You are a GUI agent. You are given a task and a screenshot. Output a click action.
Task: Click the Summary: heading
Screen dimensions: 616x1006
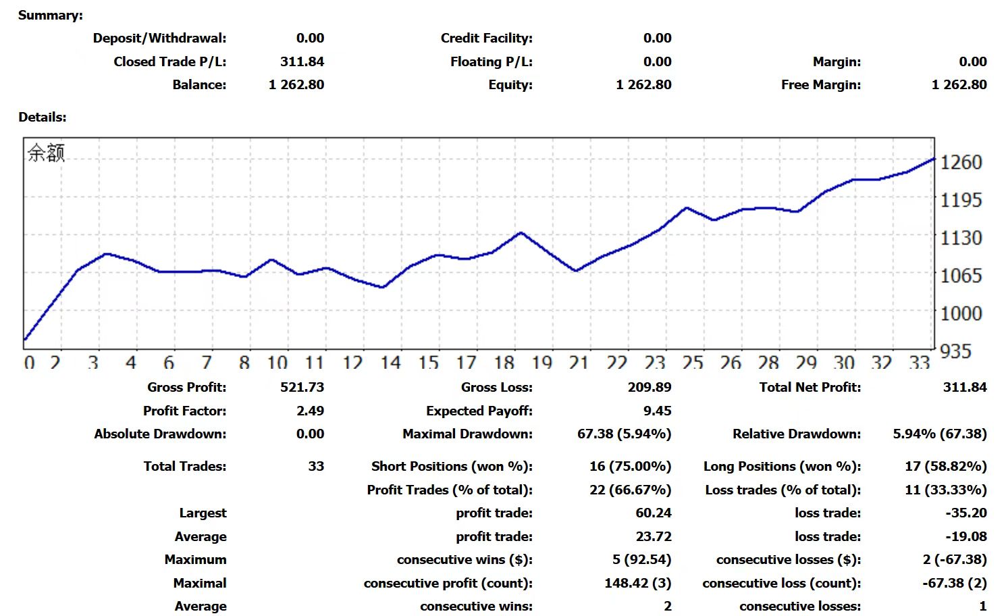[x=51, y=15]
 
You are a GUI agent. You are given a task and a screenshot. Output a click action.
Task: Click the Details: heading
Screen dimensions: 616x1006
[x=43, y=117]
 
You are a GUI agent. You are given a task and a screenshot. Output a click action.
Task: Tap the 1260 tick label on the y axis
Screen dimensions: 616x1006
[x=961, y=162]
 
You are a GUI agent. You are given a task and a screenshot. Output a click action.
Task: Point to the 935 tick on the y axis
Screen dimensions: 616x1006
[x=956, y=351]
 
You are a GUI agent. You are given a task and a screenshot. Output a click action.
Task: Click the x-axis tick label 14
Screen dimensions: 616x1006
[x=390, y=363]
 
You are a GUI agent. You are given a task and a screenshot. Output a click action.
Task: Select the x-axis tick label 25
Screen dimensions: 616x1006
[x=692, y=363]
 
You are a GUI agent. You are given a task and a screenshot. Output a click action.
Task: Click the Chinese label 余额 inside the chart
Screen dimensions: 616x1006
[x=46, y=153]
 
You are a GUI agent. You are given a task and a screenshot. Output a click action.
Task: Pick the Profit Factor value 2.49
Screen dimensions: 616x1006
[x=310, y=411]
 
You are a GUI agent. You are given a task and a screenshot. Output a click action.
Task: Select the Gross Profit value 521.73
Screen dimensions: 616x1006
[x=302, y=387]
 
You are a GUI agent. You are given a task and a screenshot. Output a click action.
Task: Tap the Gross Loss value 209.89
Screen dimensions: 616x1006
[x=649, y=387]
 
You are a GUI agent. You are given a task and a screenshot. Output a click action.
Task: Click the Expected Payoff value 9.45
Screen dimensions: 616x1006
[x=657, y=411]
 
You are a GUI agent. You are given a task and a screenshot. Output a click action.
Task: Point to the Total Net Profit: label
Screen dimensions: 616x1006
[x=810, y=387]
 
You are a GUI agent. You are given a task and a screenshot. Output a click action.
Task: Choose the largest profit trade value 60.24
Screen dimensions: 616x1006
[x=653, y=513]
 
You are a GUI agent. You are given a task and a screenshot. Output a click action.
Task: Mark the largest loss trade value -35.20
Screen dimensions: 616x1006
[x=965, y=513]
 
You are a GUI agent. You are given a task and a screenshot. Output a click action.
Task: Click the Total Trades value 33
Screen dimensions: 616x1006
[x=316, y=466]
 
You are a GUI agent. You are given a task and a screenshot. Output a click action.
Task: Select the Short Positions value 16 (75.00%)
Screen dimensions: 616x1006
[x=630, y=466]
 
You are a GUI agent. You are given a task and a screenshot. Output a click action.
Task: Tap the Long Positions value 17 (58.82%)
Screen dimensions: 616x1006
[x=945, y=466]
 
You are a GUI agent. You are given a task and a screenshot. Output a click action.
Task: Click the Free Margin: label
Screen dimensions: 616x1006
[x=820, y=84]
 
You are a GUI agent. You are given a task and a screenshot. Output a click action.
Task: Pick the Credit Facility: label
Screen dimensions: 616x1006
[x=486, y=38]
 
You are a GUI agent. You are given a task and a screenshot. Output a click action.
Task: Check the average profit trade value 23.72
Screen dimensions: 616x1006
[x=653, y=536]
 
